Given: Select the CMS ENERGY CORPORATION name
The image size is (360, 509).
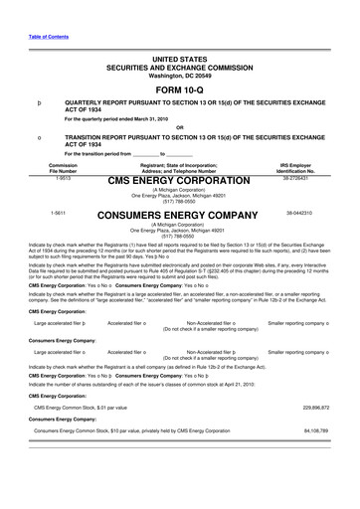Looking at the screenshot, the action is click(x=179, y=180).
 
